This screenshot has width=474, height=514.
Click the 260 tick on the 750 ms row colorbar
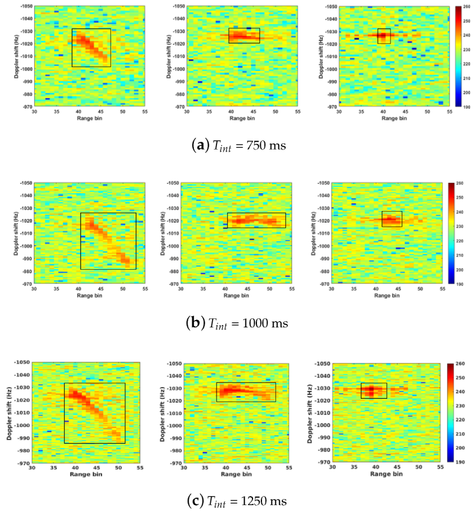point(466,8)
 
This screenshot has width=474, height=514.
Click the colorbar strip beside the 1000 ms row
point(452,233)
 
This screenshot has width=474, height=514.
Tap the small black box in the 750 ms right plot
point(384,36)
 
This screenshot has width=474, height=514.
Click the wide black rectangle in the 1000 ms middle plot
point(256,220)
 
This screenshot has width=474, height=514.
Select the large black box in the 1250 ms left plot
point(94,413)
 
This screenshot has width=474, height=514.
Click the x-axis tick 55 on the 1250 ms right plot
point(440,467)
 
